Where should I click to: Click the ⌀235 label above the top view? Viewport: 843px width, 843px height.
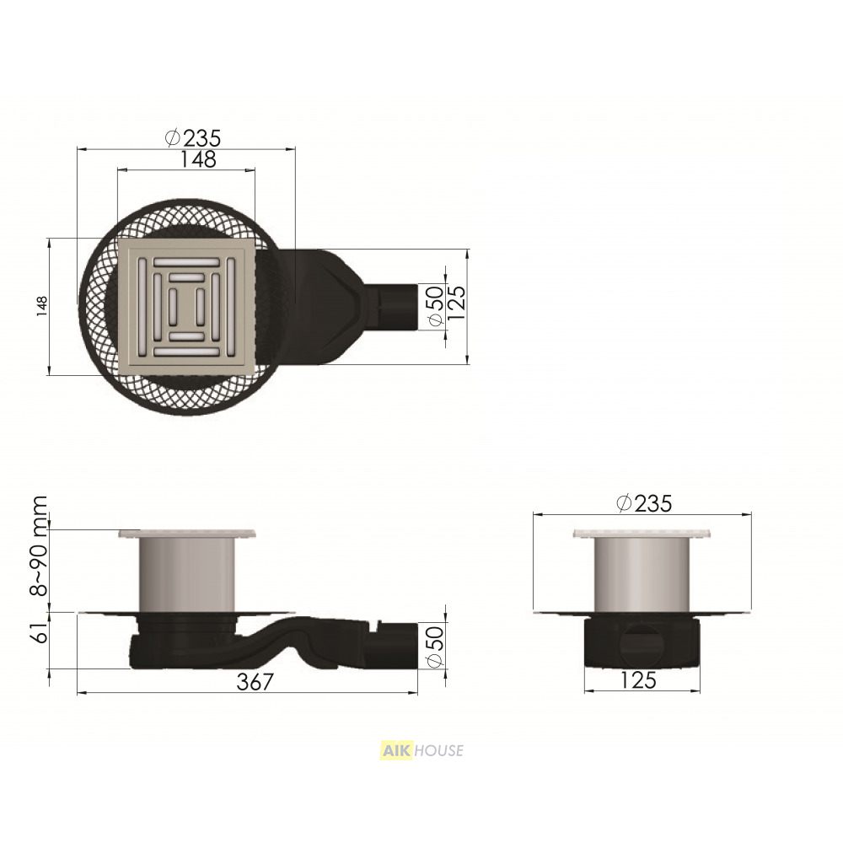[192, 138]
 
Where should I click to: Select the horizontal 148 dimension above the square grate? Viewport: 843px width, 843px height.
[198, 159]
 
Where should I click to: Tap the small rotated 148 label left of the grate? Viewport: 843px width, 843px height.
[42, 306]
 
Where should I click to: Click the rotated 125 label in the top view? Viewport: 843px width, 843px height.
[456, 303]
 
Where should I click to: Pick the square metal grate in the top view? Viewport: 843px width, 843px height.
[186, 307]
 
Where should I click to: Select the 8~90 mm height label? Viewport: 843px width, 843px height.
[40, 546]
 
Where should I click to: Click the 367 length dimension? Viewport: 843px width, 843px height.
[255, 682]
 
